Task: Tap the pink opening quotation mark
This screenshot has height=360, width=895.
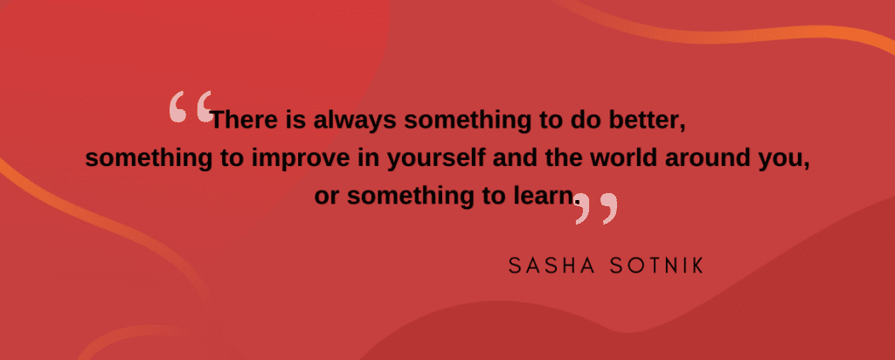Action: (191, 107)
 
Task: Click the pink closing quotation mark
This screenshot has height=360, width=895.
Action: (596, 208)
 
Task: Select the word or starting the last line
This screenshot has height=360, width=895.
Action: (327, 197)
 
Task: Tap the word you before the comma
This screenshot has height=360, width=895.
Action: (787, 161)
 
